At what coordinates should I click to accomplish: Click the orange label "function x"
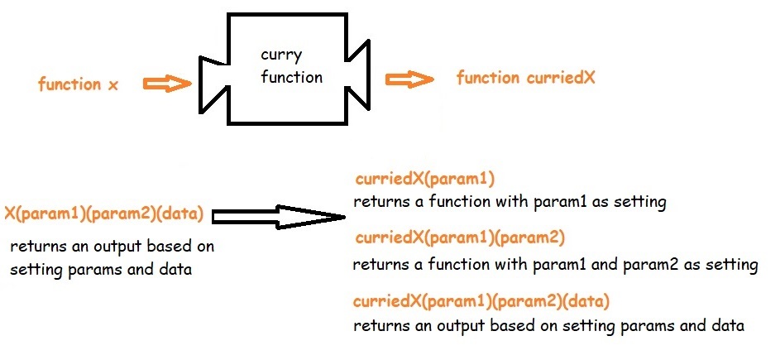point(78,84)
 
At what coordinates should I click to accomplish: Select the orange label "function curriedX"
point(525,79)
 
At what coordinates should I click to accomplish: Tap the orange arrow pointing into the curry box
point(167,84)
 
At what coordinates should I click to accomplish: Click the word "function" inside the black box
point(290,77)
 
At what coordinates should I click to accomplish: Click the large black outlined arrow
point(277,217)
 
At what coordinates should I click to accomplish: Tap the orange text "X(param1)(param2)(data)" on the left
point(104,214)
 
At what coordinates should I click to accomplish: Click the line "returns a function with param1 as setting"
point(510,202)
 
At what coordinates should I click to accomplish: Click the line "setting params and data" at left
point(101,269)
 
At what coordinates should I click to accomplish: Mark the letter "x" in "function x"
point(113,85)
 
